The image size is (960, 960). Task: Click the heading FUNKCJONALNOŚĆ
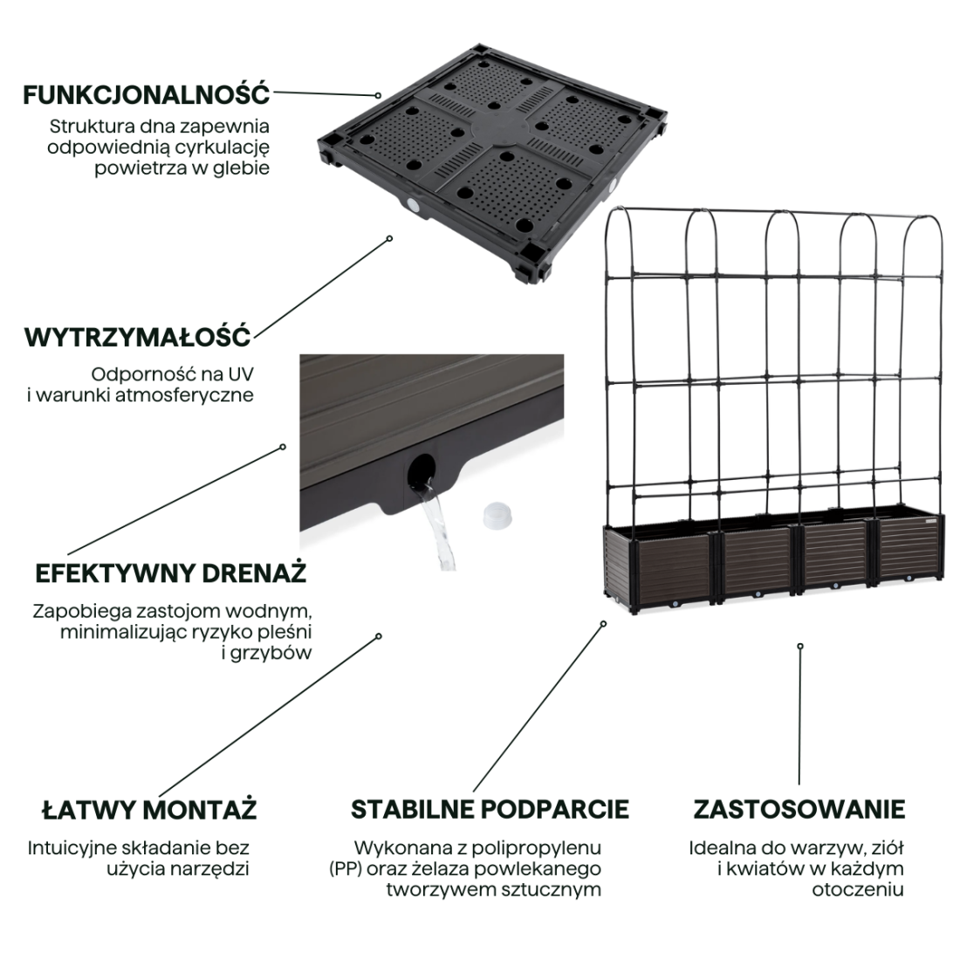tap(146, 93)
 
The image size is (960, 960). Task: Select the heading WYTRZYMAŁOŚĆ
tap(137, 336)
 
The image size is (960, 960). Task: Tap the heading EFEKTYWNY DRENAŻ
tap(170, 573)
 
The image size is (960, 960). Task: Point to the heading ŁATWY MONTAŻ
tap(149, 809)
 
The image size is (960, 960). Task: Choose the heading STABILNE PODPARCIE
tap(489, 809)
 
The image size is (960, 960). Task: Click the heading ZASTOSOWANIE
tap(799, 809)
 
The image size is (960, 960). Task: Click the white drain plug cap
tap(494, 516)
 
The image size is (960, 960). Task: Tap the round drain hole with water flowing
tap(422, 470)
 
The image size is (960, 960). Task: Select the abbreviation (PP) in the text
tap(346, 868)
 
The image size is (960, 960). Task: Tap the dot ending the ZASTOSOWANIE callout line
tap(799, 647)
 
